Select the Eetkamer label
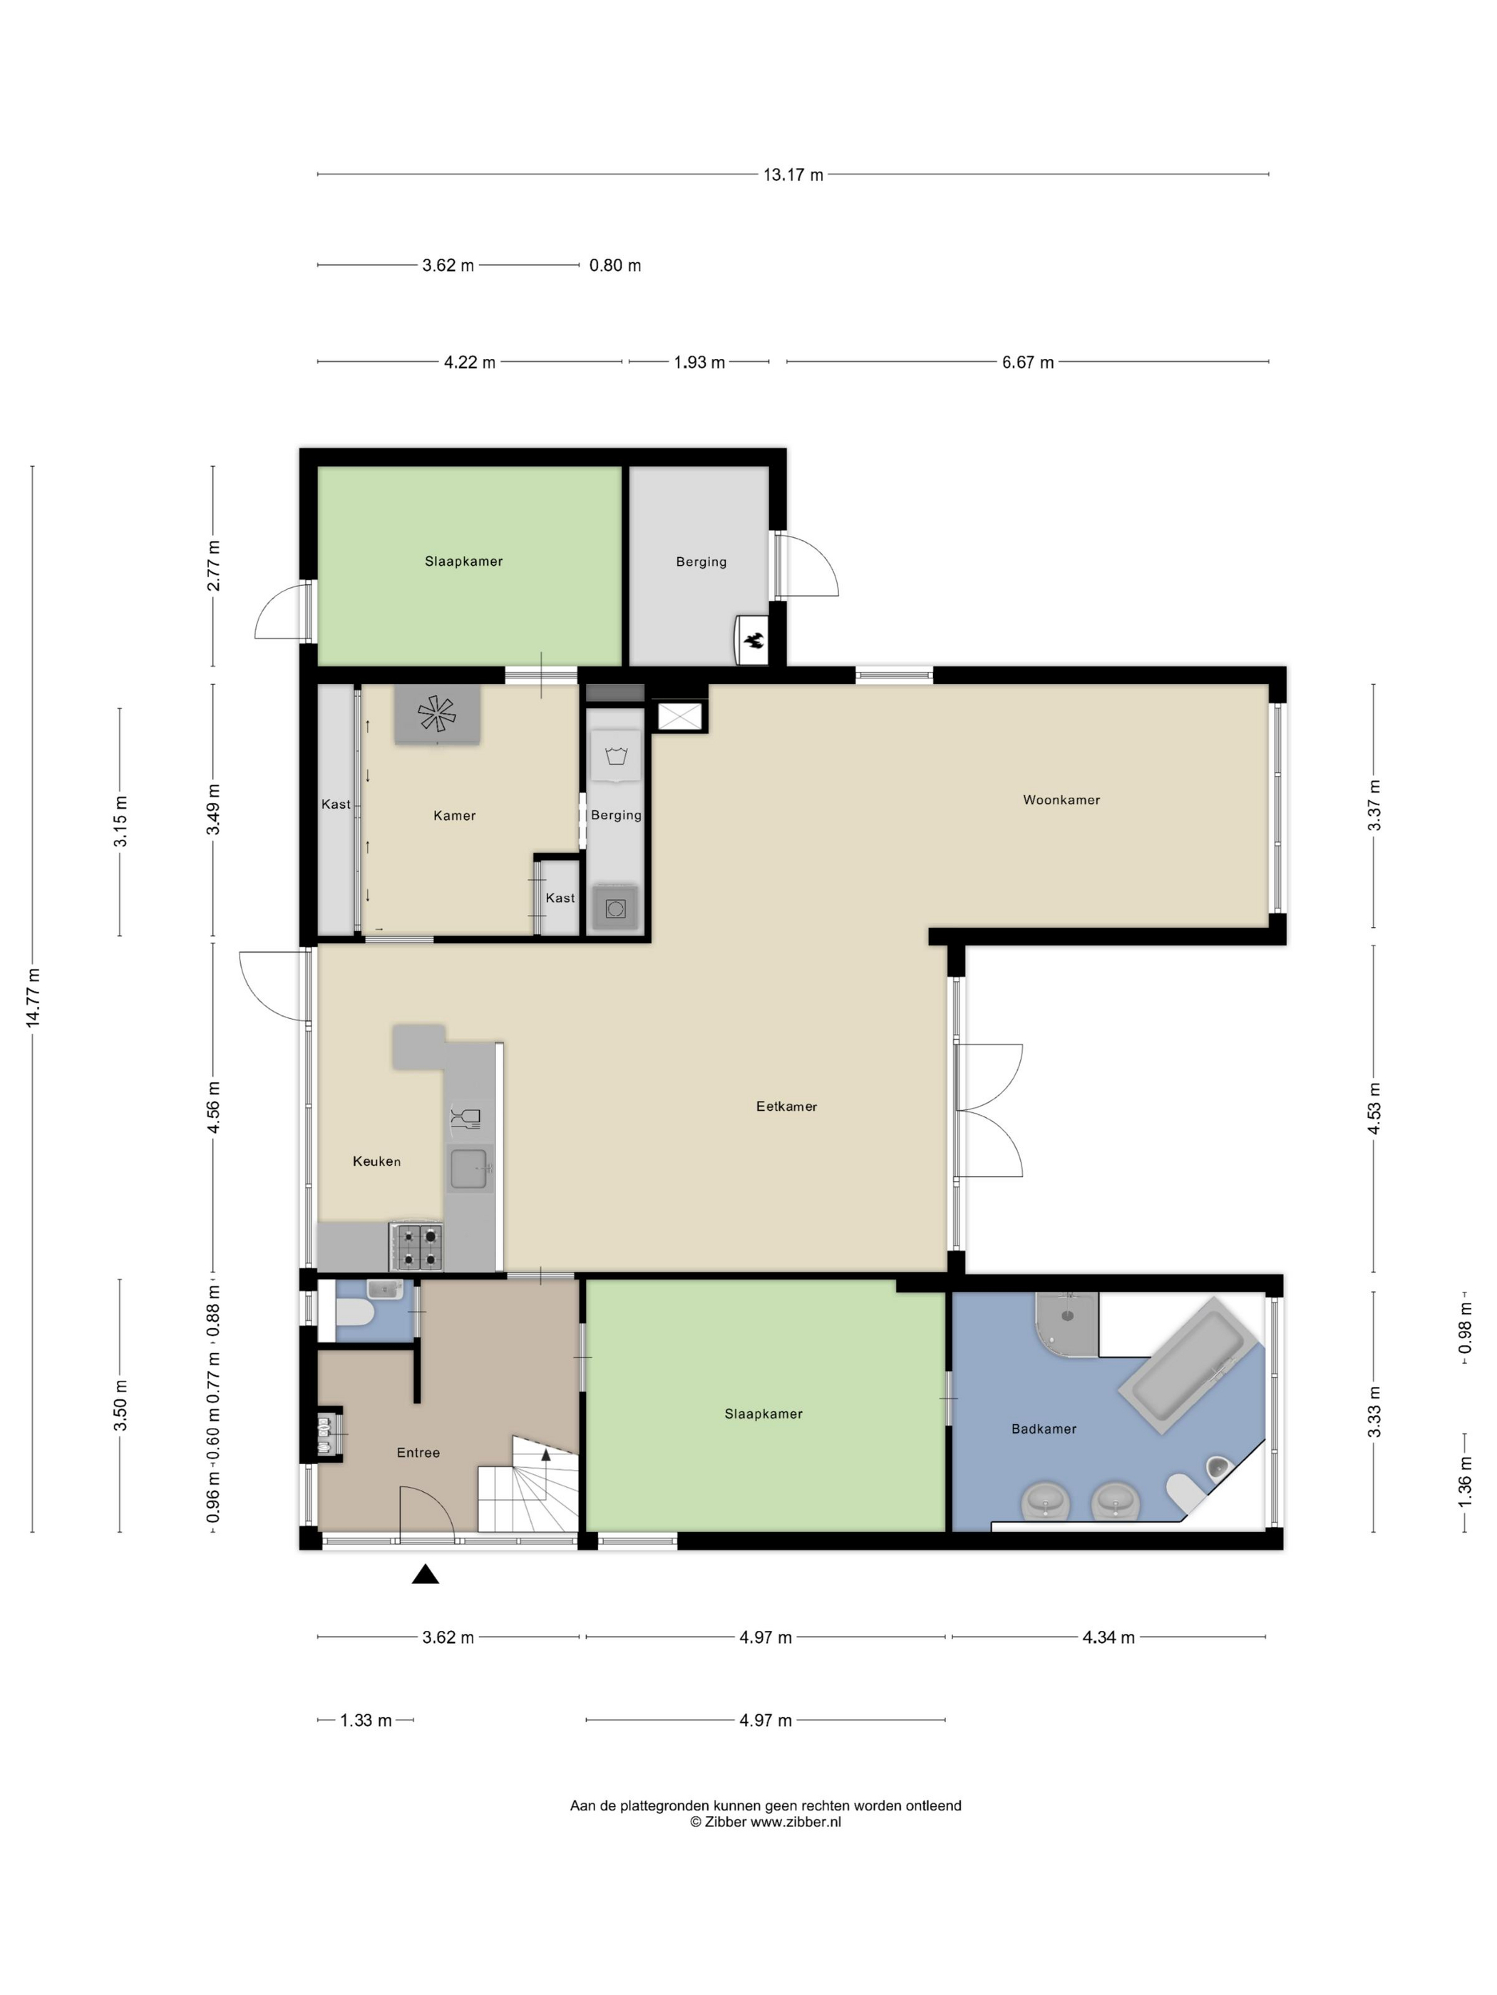786,1107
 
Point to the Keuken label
376,1161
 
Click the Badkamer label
1043,1429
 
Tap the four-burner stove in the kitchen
417,1246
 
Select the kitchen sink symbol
469,1169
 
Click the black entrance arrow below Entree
425,1575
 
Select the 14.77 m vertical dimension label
34,997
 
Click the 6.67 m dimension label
1027,363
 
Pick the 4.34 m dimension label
1108,1637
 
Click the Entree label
418,1452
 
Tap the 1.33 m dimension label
366,1720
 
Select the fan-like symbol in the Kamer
437,713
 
